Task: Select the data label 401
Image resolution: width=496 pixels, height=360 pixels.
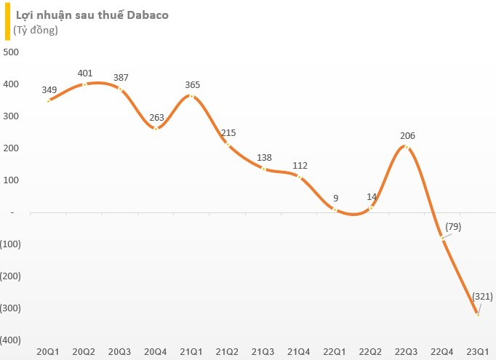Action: (85, 73)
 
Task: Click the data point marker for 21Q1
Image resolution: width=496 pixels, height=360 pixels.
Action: (192, 96)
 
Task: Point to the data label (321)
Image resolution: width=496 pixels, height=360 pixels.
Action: (483, 296)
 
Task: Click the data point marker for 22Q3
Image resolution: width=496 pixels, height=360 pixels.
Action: (407, 147)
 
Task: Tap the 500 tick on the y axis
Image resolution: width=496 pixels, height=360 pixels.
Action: (12, 52)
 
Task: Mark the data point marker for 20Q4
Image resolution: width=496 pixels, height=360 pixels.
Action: (156, 129)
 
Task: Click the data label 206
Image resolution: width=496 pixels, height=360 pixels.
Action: (407, 135)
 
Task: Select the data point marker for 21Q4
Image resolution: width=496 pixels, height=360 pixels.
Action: (299, 177)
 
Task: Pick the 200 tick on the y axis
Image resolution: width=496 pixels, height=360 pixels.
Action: (12, 148)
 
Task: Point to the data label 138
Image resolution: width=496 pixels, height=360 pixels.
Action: (264, 157)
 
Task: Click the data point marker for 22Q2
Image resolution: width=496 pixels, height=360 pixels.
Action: (371, 208)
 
